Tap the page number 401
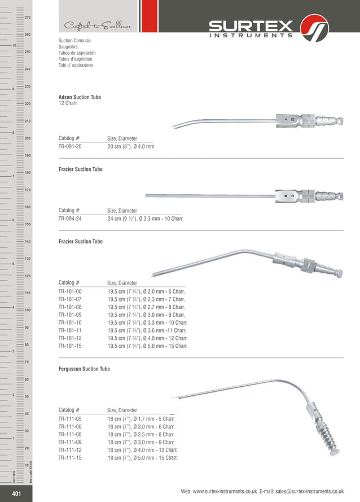tap(16, 495)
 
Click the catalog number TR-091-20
tap(70, 146)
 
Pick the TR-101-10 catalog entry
tap(70, 322)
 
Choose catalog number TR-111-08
tap(70, 435)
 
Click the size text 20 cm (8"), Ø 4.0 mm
tap(131, 146)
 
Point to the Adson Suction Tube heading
tap(80, 97)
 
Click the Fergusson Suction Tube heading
tap(84, 369)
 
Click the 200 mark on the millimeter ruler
tap(27, 138)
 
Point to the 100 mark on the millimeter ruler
tap(27, 310)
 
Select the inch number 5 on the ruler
tap(12, 264)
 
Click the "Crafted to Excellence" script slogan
tap(98, 26)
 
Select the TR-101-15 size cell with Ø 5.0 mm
tap(147, 346)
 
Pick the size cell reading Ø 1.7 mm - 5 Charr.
tap(141, 419)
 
